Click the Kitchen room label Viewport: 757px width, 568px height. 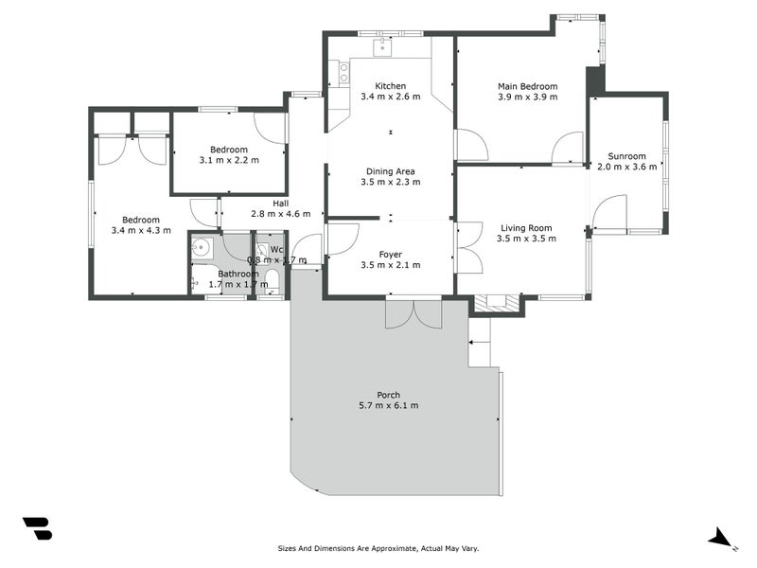[390, 85]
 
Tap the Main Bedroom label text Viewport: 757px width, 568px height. [527, 86]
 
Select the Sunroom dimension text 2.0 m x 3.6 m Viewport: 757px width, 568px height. [626, 168]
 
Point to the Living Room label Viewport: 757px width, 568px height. [526, 227]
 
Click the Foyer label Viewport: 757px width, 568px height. [390, 255]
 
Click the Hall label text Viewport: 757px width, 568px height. [281, 203]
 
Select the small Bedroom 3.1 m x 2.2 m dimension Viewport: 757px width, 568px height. [229, 160]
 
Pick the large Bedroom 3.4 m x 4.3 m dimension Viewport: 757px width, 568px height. [141, 230]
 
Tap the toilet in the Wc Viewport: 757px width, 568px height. [272, 278]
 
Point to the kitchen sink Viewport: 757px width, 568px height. [383, 47]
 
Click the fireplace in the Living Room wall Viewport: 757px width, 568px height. [496, 303]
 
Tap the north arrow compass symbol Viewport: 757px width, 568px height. [722, 538]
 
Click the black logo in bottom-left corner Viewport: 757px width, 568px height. [37, 528]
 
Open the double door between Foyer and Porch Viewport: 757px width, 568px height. [414, 313]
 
